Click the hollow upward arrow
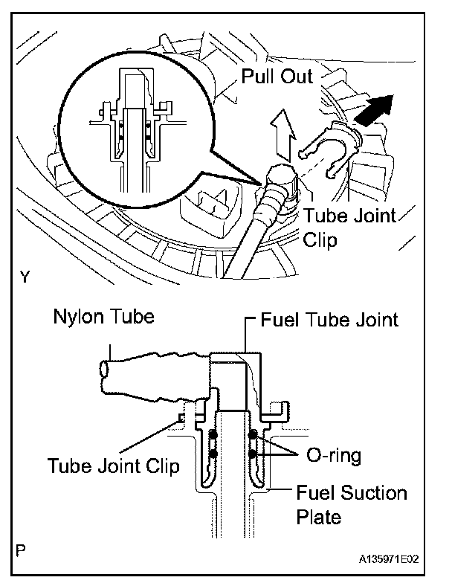coord(282,134)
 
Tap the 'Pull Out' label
coord(277,77)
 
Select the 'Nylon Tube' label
coord(104,317)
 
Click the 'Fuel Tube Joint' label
coord(329,320)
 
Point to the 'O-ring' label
coord(334,455)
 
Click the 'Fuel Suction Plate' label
coord(352,504)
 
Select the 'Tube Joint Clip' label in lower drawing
coord(114,466)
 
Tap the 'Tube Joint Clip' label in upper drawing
coord(349,228)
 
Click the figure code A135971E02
coord(389,559)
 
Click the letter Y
coord(25,277)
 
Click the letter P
coord(22,551)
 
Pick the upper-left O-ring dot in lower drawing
coord(213,435)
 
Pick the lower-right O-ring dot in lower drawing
coord(253,454)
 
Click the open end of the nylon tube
coord(104,370)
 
